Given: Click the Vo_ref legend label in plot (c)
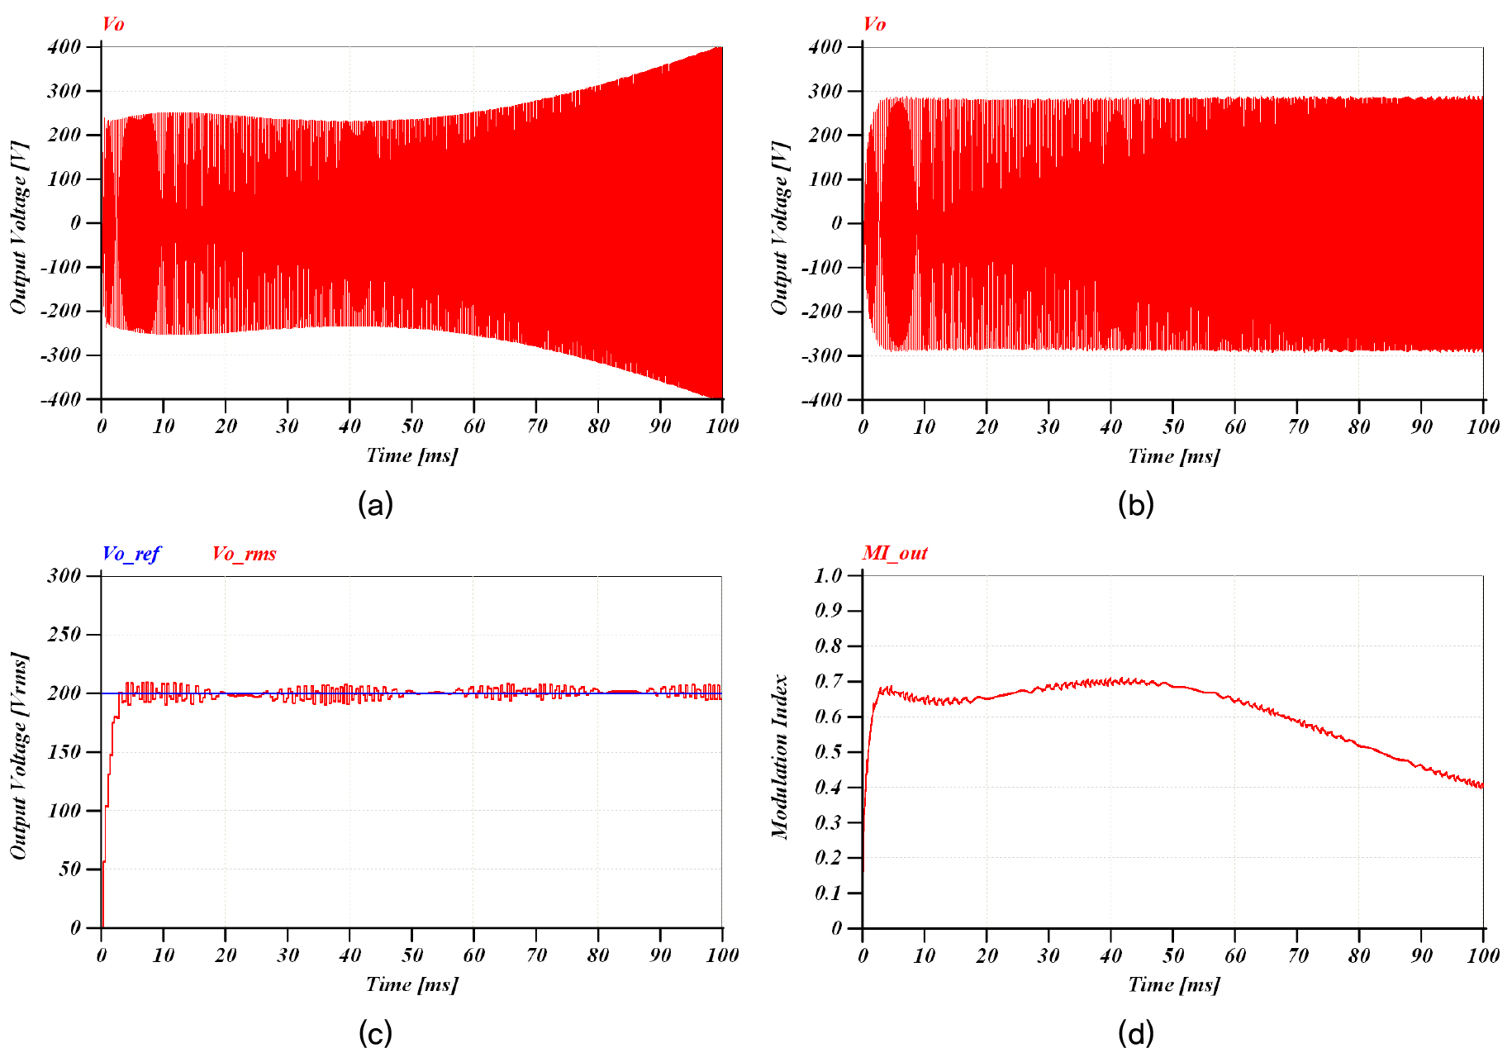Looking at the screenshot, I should [x=131, y=554].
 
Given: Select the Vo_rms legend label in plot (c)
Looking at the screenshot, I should [x=244, y=554].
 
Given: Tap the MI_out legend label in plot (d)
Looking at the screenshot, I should [x=895, y=553].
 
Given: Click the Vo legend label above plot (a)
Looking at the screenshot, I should [x=113, y=24].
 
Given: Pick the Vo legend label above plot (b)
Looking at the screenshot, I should [x=874, y=24].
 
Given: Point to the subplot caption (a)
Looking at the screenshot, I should [x=375, y=503].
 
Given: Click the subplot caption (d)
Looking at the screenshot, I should [x=1136, y=1032].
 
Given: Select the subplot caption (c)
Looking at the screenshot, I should [x=375, y=1032].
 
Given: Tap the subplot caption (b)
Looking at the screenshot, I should [x=1136, y=503].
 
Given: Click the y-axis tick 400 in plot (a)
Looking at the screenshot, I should [x=64, y=46].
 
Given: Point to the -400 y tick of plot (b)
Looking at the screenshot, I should [x=820, y=399].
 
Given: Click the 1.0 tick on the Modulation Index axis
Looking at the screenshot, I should [x=828, y=575].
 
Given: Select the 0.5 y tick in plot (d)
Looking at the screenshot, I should [x=828, y=751].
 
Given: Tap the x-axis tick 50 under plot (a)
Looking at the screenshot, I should [x=411, y=426].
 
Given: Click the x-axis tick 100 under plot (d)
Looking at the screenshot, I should [x=1482, y=955].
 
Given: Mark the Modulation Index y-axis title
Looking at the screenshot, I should [x=780, y=756].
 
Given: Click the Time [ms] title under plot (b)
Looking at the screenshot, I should [x=1173, y=455].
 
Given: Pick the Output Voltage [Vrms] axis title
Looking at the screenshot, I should [x=19, y=756].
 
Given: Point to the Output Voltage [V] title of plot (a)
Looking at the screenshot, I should [x=19, y=227].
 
